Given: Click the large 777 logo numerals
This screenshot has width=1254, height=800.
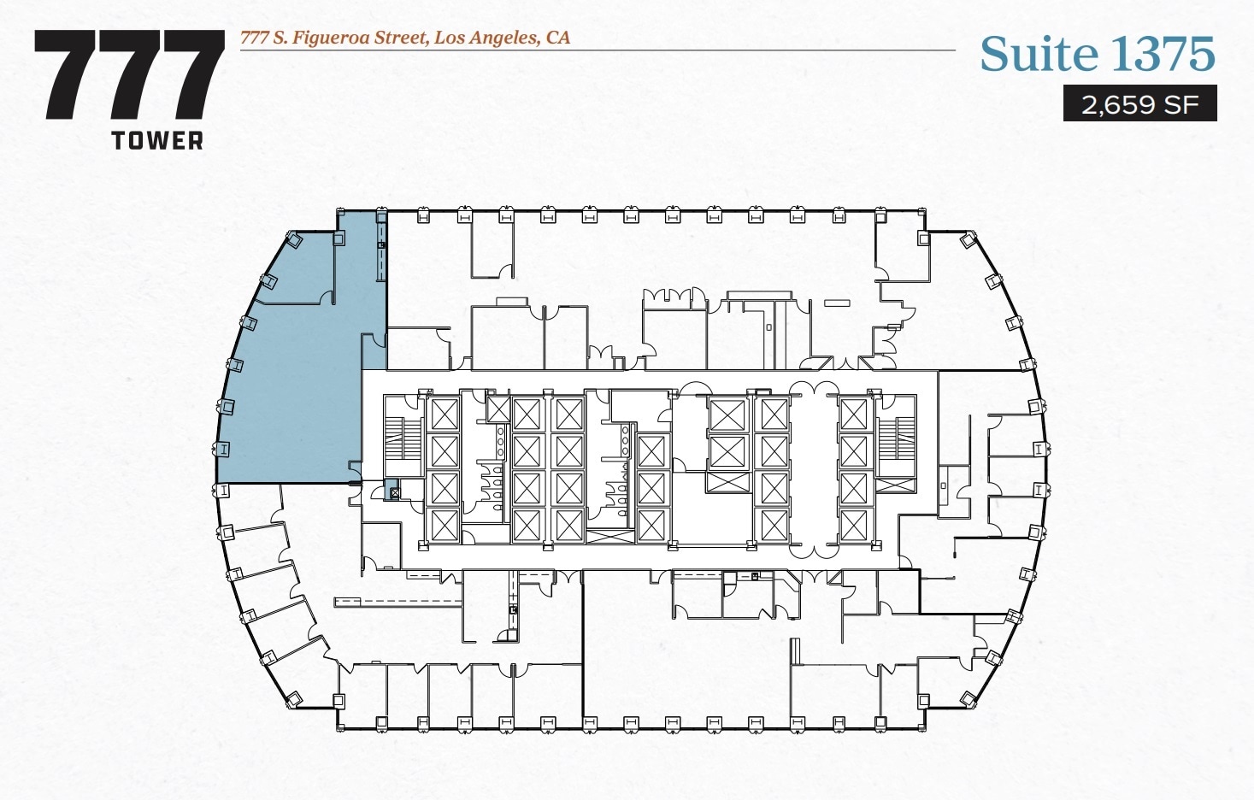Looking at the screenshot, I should click(x=129, y=75).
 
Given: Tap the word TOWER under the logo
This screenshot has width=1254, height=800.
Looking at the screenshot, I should click(x=157, y=141).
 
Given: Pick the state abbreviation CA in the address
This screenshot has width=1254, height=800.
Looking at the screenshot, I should click(x=558, y=38).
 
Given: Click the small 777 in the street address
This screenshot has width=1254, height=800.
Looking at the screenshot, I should click(x=254, y=38).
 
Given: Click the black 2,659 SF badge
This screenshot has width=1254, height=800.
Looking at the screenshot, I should click(x=1139, y=104).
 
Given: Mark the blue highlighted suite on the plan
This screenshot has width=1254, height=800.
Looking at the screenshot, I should click(x=291, y=385).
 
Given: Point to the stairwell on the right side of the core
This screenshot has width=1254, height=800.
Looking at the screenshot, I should click(x=897, y=436).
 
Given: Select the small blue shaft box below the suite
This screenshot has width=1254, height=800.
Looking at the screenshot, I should click(x=394, y=492).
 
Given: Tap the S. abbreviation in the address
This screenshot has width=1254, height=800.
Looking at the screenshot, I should click(x=280, y=38).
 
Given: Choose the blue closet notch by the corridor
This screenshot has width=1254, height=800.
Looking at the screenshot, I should click(x=374, y=352).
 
